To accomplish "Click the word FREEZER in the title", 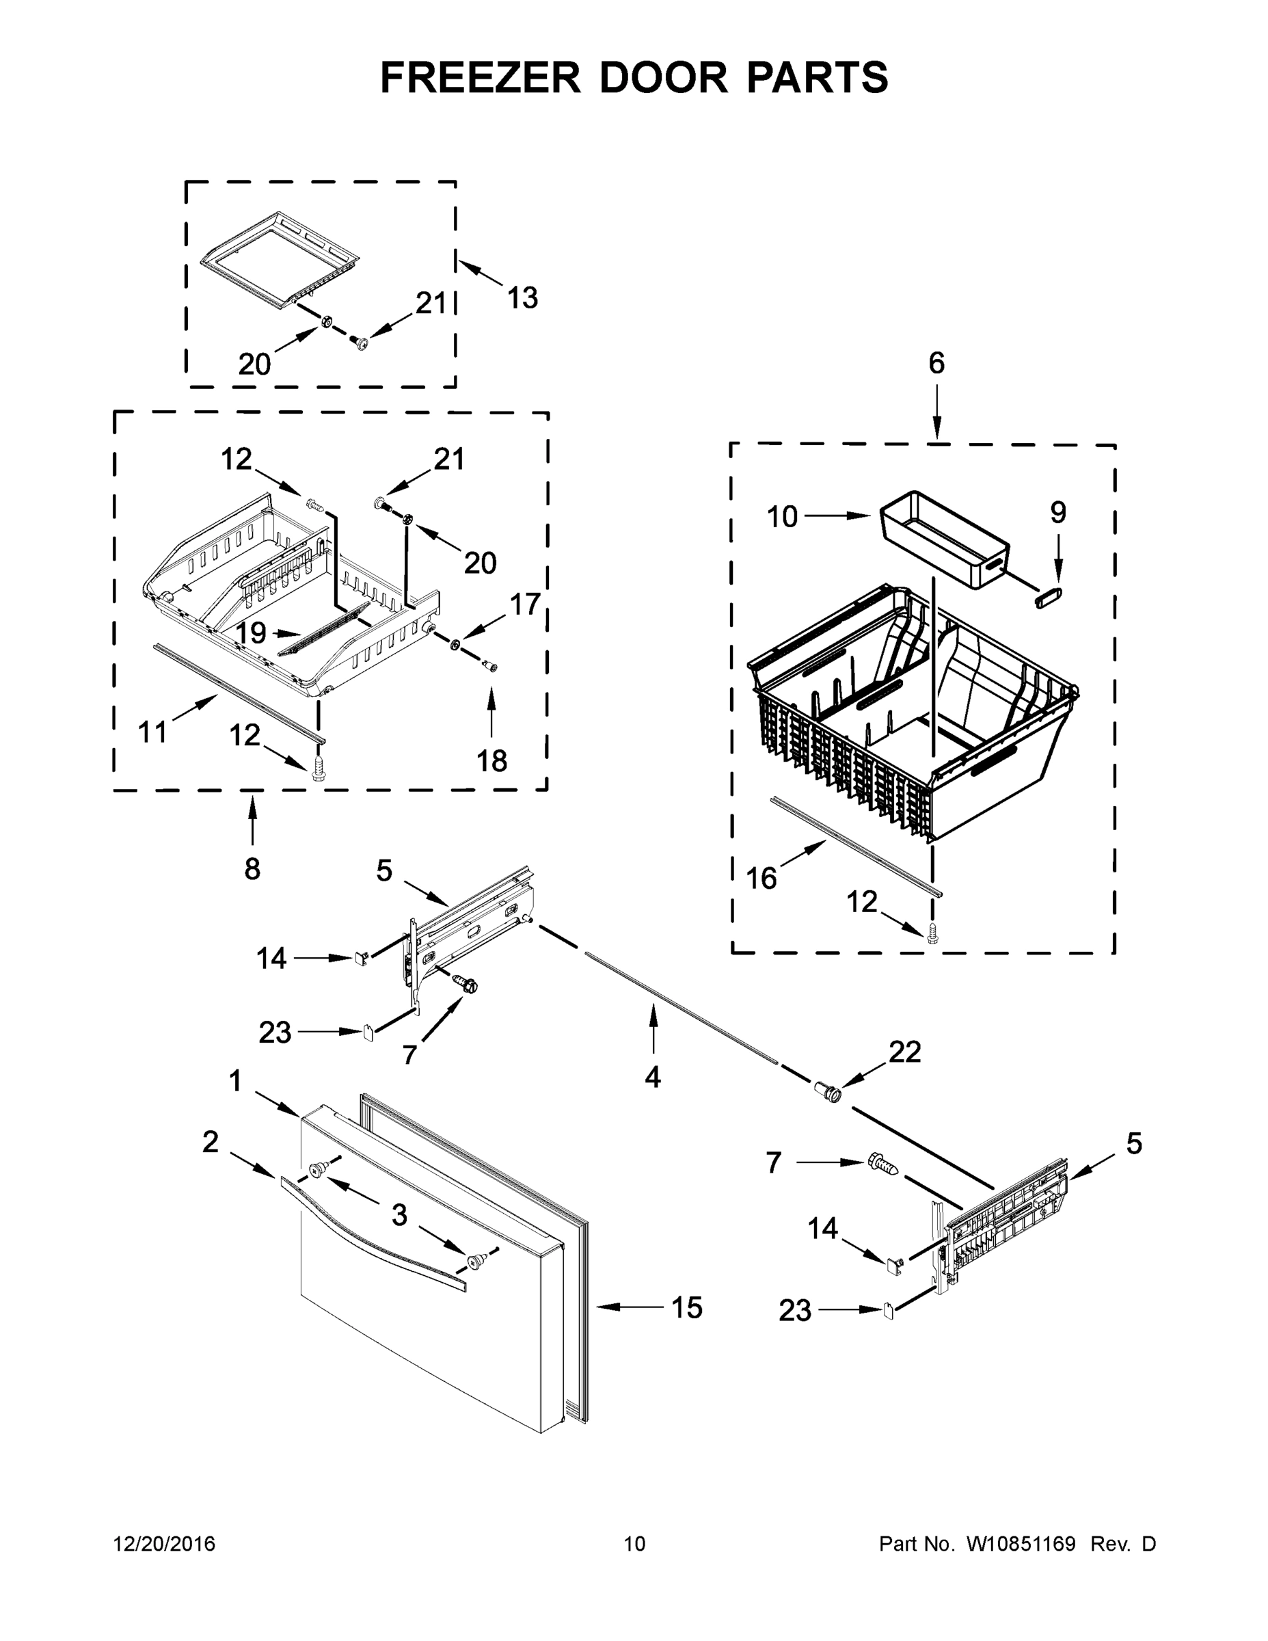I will [x=480, y=77].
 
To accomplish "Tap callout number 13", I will [x=522, y=298].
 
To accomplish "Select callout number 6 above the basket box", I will [x=936, y=364].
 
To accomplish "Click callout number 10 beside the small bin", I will [x=782, y=517].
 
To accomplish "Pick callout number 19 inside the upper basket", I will [x=251, y=632].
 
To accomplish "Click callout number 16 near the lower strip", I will [x=761, y=878].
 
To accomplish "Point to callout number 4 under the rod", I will [x=653, y=1078].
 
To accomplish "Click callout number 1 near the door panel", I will [x=235, y=1081].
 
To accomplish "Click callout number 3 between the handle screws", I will [x=399, y=1214].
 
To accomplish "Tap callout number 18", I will [x=492, y=761].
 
